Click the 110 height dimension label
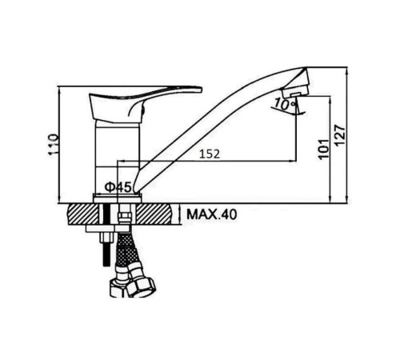pos(53,144)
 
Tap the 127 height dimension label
pos(340,135)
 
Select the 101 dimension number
pos(324,149)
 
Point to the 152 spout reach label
pos(210,154)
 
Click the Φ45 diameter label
pos(118,187)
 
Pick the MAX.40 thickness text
pos(211,214)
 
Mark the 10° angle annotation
pos(285,104)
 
